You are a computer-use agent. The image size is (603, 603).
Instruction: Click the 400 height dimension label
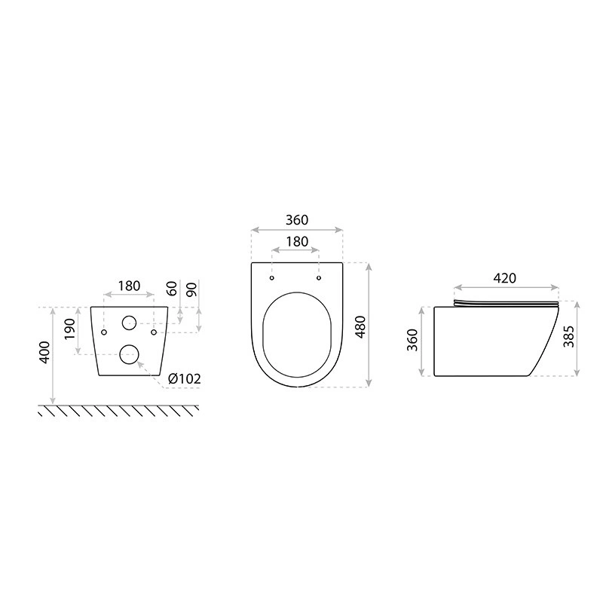tap(44, 352)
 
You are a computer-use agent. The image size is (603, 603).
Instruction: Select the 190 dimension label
tap(69, 329)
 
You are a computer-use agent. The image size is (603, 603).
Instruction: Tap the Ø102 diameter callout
tap(185, 379)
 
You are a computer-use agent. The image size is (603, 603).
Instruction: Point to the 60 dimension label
tap(173, 289)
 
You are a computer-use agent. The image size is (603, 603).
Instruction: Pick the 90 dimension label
tap(191, 289)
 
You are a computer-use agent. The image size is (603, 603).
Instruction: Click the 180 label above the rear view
tap(129, 286)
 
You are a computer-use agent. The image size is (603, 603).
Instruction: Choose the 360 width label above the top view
tap(297, 220)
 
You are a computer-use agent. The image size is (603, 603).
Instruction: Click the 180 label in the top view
tap(297, 241)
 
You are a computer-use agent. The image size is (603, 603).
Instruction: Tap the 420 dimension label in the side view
tap(504, 278)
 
